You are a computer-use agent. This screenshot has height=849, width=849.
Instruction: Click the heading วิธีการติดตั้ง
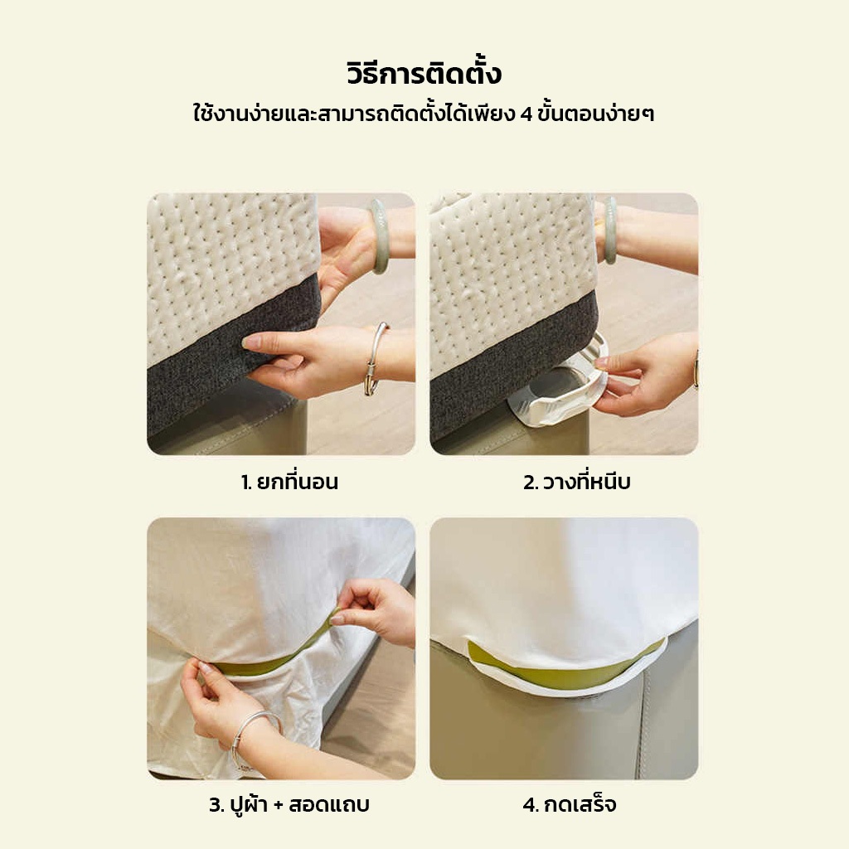(424, 73)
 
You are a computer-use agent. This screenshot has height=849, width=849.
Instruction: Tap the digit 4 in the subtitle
(526, 114)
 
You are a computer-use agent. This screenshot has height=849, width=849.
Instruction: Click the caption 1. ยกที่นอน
(289, 481)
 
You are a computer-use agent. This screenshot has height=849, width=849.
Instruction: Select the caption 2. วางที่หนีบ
(577, 481)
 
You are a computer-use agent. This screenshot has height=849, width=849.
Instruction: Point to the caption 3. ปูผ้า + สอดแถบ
(289, 804)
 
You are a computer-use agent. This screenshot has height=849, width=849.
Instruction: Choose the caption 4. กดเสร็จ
(569, 804)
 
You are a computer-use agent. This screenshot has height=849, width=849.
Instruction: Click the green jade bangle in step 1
(378, 235)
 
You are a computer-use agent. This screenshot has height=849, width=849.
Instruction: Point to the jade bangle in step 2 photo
(610, 230)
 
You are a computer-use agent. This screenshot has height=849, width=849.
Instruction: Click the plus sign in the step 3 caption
(279, 805)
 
